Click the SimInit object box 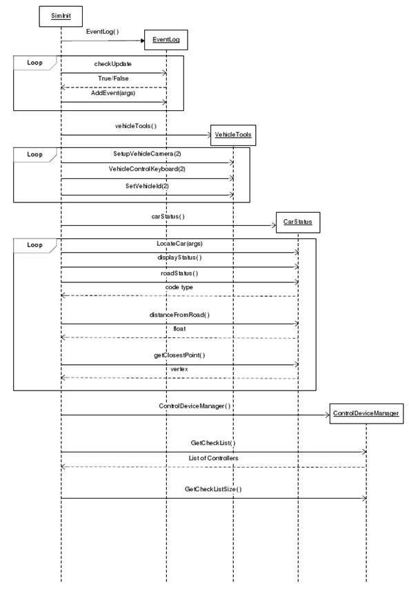61,17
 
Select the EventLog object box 166,40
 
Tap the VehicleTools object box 233,135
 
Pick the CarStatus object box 298,222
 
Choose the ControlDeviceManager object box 366,414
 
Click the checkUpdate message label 113,64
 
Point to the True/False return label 113,79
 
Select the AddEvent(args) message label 113,93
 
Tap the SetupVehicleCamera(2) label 147,154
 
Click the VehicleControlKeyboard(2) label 147,169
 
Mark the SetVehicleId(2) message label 147,186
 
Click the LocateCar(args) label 179,244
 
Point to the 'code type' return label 179,287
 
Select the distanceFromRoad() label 179,315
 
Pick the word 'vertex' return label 179,369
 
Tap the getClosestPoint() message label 179,355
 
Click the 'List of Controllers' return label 213,458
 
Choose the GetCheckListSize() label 213,489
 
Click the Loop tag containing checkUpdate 34,63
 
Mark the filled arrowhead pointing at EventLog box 143,41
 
